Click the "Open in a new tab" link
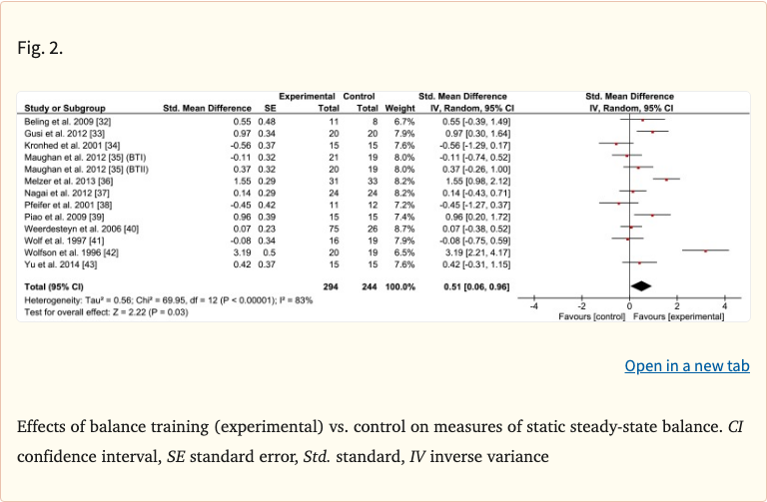687,366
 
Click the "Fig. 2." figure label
40,47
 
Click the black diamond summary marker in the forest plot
641,285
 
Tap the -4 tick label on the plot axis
533,305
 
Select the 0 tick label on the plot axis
629,305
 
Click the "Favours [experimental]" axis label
677,315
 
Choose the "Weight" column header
399,107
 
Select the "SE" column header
269,107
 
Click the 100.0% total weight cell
398,285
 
